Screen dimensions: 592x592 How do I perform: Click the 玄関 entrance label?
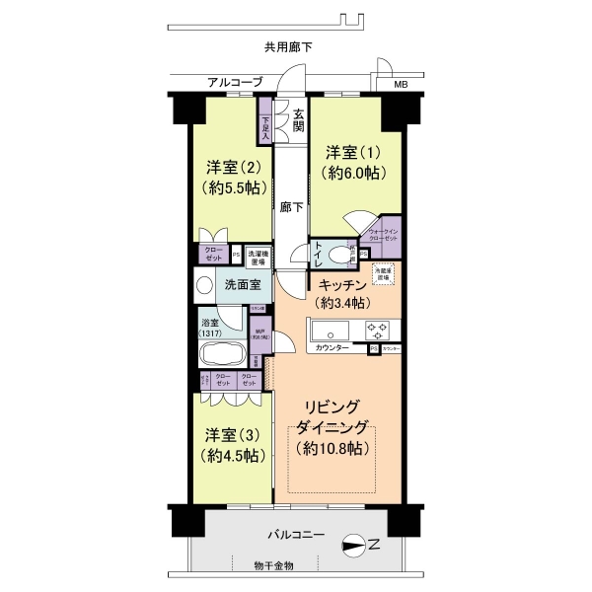point(299,117)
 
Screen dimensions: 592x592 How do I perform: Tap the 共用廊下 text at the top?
point(288,46)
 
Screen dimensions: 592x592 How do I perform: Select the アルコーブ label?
point(235,83)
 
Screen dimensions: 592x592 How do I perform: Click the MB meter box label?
point(400,84)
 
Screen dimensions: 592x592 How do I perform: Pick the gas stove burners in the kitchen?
point(379,330)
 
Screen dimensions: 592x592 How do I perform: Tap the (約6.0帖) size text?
point(353,174)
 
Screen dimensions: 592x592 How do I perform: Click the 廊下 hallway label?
point(291,208)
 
